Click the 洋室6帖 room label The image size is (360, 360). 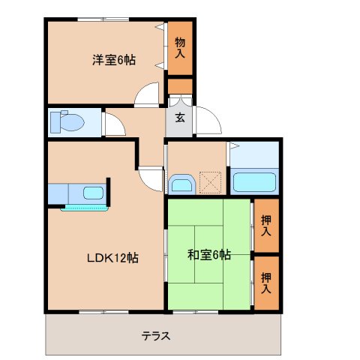114,61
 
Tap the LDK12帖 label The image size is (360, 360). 112,257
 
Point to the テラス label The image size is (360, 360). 157,335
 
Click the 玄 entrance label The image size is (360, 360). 180,117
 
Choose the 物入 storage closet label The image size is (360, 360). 180,47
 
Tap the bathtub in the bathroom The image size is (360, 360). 255,182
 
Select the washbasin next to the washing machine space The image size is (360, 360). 181,184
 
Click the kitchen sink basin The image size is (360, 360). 93,193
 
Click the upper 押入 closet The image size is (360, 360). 266,225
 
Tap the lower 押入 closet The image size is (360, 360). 266,282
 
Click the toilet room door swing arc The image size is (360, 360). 114,124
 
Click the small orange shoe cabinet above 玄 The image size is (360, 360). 180,85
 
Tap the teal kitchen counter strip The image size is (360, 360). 84,207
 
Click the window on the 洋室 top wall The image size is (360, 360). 106,18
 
